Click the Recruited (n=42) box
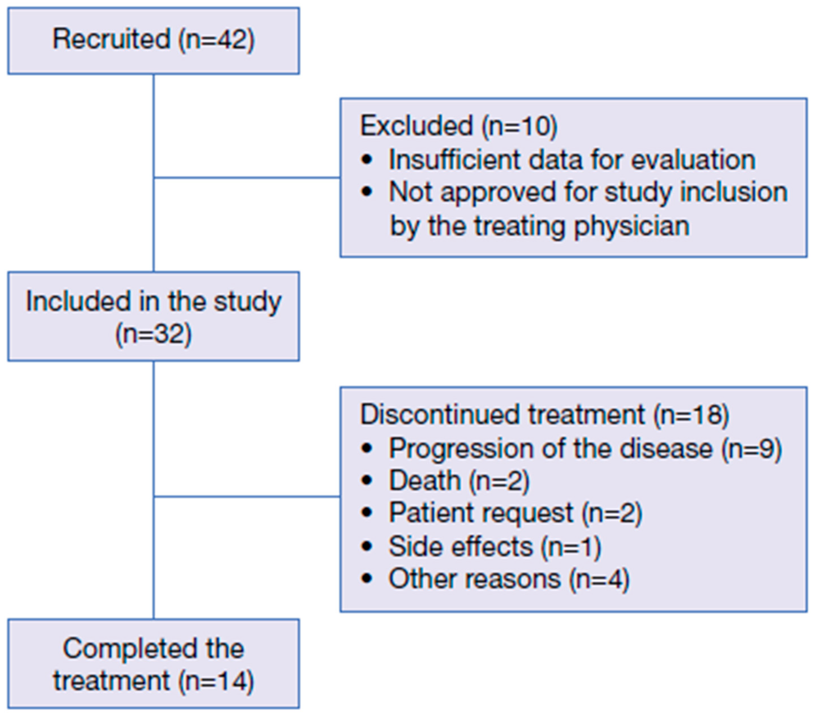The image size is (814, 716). [x=153, y=41]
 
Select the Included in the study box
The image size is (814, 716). [x=153, y=316]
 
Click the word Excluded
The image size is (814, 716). [x=416, y=126]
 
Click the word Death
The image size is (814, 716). [x=424, y=481]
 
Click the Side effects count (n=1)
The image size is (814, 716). [x=570, y=546]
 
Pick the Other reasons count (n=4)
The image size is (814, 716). [x=599, y=579]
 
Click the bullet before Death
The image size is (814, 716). [x=366, y=481]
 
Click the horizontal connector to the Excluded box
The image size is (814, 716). [x=247, y=178]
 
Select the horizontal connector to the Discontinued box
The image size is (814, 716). [x=247, y=496]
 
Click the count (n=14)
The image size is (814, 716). [x=215, y=681]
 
